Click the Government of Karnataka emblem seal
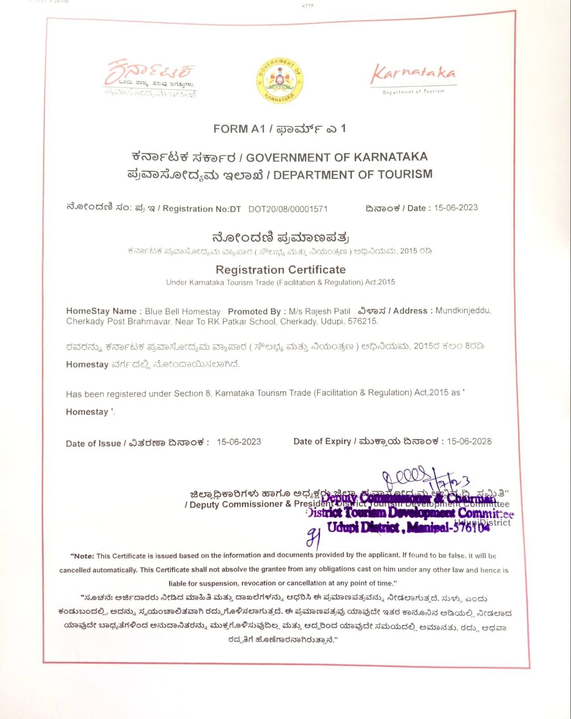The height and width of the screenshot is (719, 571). point(279,80)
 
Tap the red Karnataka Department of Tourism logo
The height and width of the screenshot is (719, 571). point(413,77)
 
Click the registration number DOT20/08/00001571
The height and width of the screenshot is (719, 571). point(288,209)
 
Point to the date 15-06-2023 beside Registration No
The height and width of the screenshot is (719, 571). point(456,208)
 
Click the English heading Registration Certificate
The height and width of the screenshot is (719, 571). point(281,270)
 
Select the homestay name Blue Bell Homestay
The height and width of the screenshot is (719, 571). point(182,311)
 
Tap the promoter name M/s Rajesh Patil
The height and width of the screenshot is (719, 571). point(319,311)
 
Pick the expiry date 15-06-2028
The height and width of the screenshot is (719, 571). point(469,441)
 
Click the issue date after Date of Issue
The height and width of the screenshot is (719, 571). point(239,442)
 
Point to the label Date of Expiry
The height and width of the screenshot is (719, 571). point(322,442)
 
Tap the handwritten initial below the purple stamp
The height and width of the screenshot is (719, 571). point(313,537)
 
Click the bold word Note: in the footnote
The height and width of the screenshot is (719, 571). point(84,556)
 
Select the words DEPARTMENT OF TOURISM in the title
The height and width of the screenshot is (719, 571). point(353,174)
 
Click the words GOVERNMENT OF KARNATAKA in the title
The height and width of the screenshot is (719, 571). point(336,157)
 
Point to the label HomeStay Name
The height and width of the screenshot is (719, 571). point(101,311)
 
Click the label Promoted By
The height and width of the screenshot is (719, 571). point(254,311)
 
